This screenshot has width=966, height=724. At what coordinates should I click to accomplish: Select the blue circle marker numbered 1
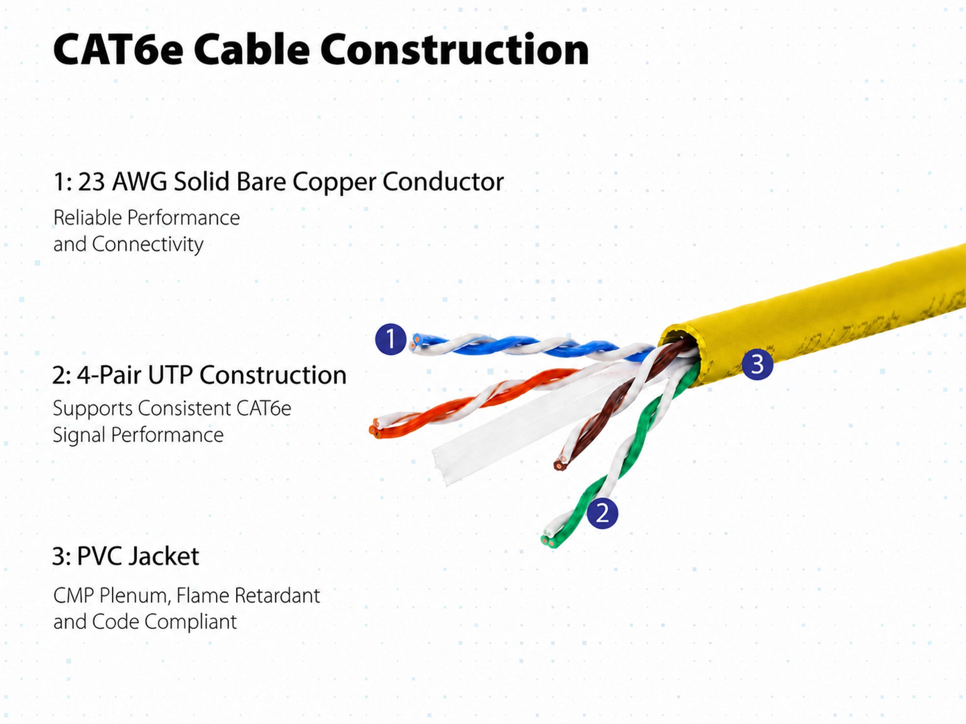[x=390, y=339]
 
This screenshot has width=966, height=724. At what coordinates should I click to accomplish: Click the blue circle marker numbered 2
[x=602, y=513]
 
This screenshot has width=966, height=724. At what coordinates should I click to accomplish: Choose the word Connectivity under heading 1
[x=148, y=244]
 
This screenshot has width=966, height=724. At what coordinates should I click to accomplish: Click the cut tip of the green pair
[x=548, y=539]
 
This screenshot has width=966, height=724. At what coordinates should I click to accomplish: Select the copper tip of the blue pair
[x=414, y=342]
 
